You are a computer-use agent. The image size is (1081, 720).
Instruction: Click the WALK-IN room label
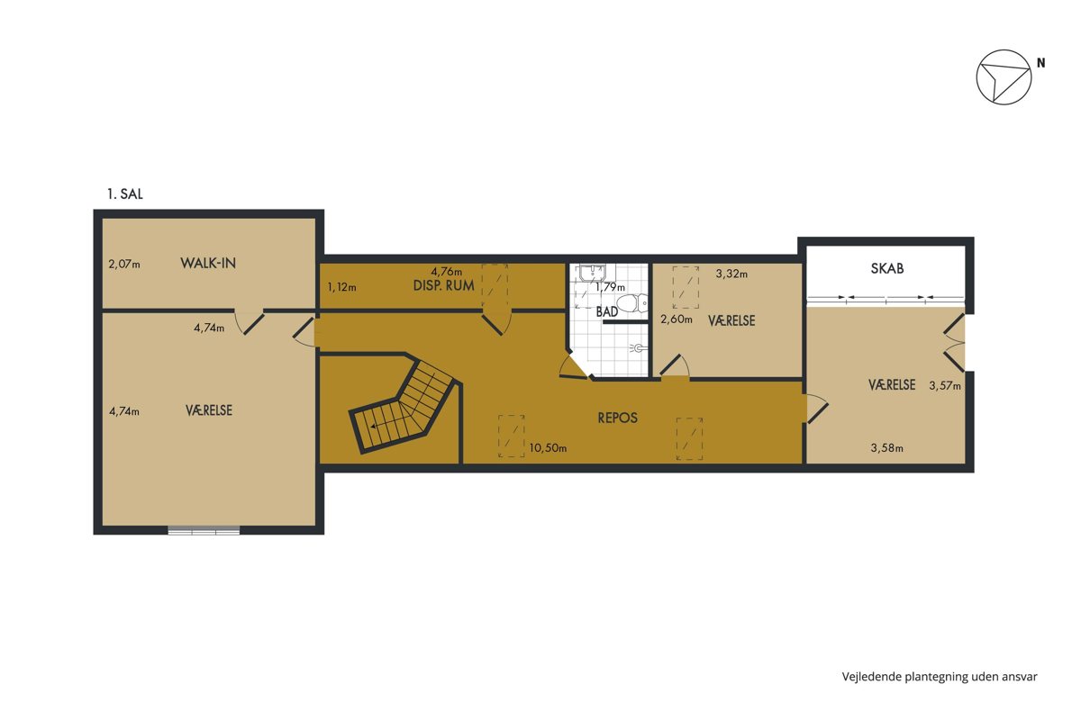(x=208, y=263)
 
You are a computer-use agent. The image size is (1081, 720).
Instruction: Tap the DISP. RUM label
(x=443, y=285)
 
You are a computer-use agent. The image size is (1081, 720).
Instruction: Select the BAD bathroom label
(x=606, y=311)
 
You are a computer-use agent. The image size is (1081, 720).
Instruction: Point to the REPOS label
(x=617, y=418)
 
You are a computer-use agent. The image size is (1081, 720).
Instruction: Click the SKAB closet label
(x=887, y=268)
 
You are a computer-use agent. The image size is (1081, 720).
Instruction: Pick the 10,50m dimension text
(x=548, y=448)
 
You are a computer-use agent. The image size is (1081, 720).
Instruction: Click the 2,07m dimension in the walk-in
(x=124, y=265)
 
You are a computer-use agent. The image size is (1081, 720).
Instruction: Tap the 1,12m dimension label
(x=341, y=287)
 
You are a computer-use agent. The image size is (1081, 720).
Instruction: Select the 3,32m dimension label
(x=731, y=274)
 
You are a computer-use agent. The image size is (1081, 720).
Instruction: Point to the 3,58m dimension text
(x=887, y=448)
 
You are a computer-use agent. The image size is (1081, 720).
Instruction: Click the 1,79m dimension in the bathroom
(x=610, y=287)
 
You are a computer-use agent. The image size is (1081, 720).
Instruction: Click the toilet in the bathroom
(x=632, y=303)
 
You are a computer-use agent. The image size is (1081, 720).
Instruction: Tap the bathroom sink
(x=592, y=273)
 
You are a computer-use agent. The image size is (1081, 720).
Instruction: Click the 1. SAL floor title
(x=125, y=193)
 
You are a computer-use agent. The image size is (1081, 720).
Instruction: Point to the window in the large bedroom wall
(x=204, y=530)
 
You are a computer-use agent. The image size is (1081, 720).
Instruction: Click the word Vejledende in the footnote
(x=872, y=677)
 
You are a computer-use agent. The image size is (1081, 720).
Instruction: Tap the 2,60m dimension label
(x=677, y=319)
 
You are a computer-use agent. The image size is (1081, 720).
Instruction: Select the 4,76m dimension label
(x=447, y=272)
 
